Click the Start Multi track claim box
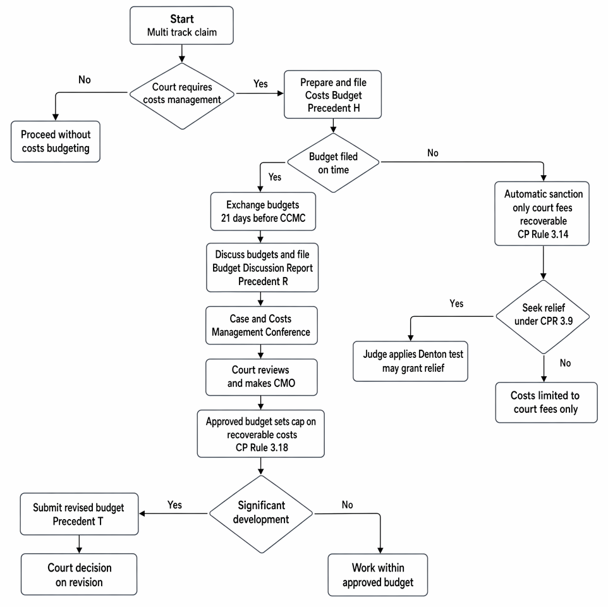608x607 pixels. pyautogui.click(x=181, y=25)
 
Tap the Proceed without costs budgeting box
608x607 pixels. pyautogui.click(x=56, y=141)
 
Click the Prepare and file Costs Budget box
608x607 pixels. pyautogui.click(x=332, y=94)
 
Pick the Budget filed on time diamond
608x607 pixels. pyautogui.click(x=333, y=163)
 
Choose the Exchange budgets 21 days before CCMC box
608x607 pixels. pyautogui.click(x=263, y=211)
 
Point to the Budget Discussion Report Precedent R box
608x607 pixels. pyautogui.click(x=262, y=267)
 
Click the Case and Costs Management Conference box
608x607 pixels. pyautogui.click(x=262, y=326)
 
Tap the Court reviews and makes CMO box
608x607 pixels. pyautogui.click(x=262, y=377)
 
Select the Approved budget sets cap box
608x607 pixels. pyautogui.click(x=260, y=434)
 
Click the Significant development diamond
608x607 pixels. pyautogui.click(x=261, y=514)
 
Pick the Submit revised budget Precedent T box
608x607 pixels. pyautogui.click(x=79, y=514)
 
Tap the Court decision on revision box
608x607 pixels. pyautogui.click(x=79, y=574)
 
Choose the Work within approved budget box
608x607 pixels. pyautogui.click(x=378, y=575)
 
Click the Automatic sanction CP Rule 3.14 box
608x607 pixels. pyautogui.click(x=542, y=213)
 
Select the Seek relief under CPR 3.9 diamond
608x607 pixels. pyautogui.click(x=543, y=317)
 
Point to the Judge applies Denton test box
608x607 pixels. pyautogui.click(x=410, y=361)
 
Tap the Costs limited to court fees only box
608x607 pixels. pyautogui.click(x=546, y=402)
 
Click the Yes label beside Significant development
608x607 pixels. pyautogui.click(x=174, y=505)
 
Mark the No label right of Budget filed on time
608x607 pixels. pyautogui.click(x=433, y=153)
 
